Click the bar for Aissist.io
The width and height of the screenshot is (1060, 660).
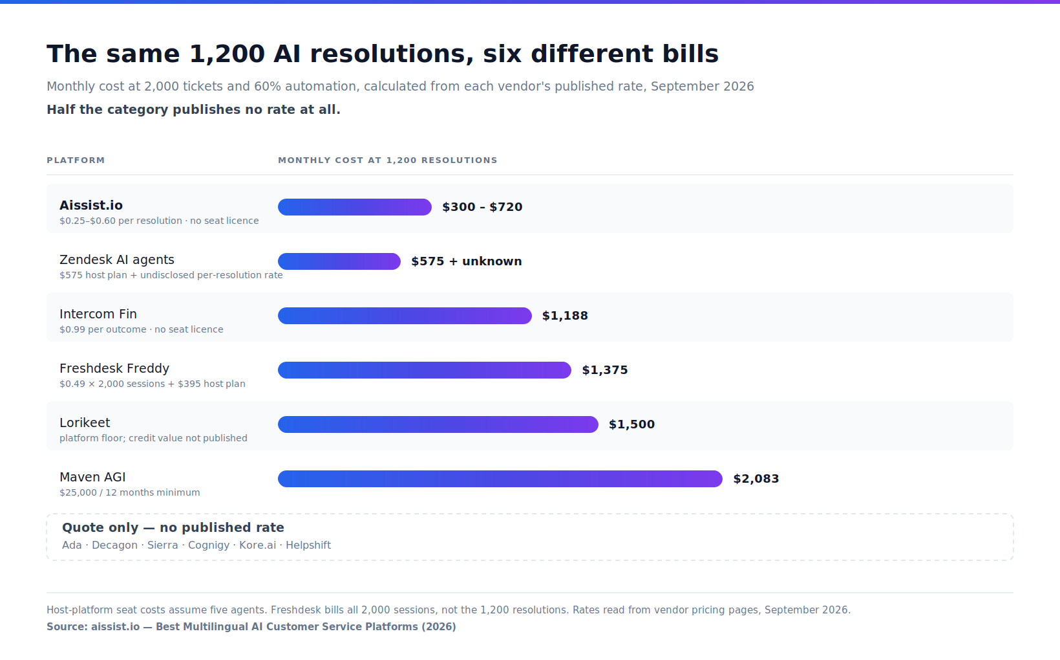tap(354, 207)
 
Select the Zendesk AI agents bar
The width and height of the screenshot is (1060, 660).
tap(339, 261)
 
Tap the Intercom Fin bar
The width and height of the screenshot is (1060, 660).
tap(405, 316)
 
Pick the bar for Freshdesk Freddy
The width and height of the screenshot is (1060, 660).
tap(425, 370)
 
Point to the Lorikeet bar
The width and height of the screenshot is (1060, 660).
tap(438, 424)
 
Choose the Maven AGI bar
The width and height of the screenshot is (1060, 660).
tap(500, 479)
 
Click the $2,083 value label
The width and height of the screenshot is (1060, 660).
tap(756, 479)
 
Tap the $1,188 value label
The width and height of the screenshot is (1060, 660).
tap(565, 316)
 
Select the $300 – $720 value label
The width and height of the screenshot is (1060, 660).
tap(482, 207)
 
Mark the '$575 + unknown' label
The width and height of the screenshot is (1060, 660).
tap(467, 261)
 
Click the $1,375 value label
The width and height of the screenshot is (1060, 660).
tap(605, 370)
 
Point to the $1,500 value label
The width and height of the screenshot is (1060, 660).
tap(631, 424)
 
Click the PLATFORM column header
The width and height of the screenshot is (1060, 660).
tap(76, 160)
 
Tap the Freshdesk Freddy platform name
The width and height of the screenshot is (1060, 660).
tap(114, 368)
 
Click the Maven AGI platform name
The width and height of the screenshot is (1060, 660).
tap(93, 477)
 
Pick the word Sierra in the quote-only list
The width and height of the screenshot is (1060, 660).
tap(162, 545)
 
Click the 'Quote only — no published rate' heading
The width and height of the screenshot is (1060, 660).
tap(173, 528)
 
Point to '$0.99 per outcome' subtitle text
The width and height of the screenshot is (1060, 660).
tap(103, 330)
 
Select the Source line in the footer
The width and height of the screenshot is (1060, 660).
tap(251, 627)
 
